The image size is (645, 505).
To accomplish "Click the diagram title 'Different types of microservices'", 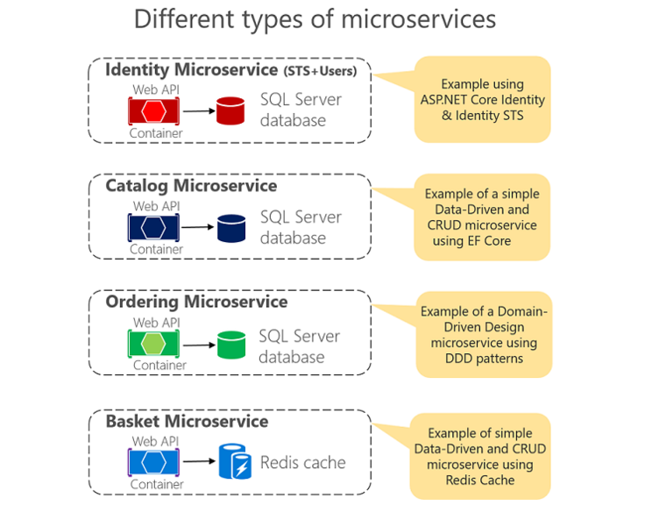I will click(315, 19).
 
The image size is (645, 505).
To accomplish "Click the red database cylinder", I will click(230, 110).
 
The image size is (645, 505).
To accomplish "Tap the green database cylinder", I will click(230, 345).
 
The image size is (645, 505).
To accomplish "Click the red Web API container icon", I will click(155, 110).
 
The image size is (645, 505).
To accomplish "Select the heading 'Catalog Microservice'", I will click(191, 186).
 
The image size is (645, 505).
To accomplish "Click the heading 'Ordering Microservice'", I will click(196, 302).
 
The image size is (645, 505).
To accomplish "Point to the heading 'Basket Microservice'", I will click(187, 421).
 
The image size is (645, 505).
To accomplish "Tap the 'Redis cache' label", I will click(302, 462).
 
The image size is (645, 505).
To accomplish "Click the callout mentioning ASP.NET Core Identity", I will click(481, 99).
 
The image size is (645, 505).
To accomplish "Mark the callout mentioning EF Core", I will click(481, 217).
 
